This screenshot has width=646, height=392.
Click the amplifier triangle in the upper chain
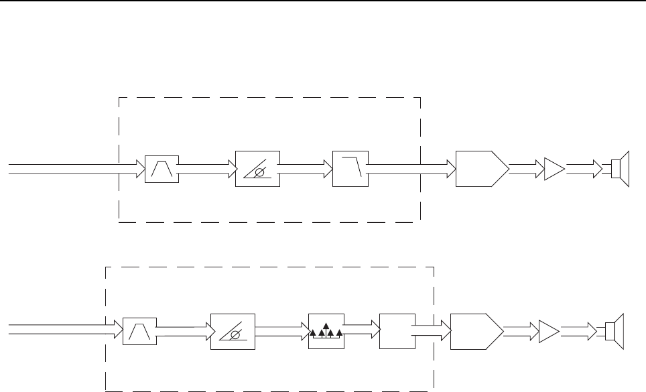(554, 170)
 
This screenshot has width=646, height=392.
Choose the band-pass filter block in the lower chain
(140, 330)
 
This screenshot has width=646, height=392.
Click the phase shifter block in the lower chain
(233, 330)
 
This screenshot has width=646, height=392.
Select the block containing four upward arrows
(325, 330)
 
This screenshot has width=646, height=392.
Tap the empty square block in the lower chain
(395, 330)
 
